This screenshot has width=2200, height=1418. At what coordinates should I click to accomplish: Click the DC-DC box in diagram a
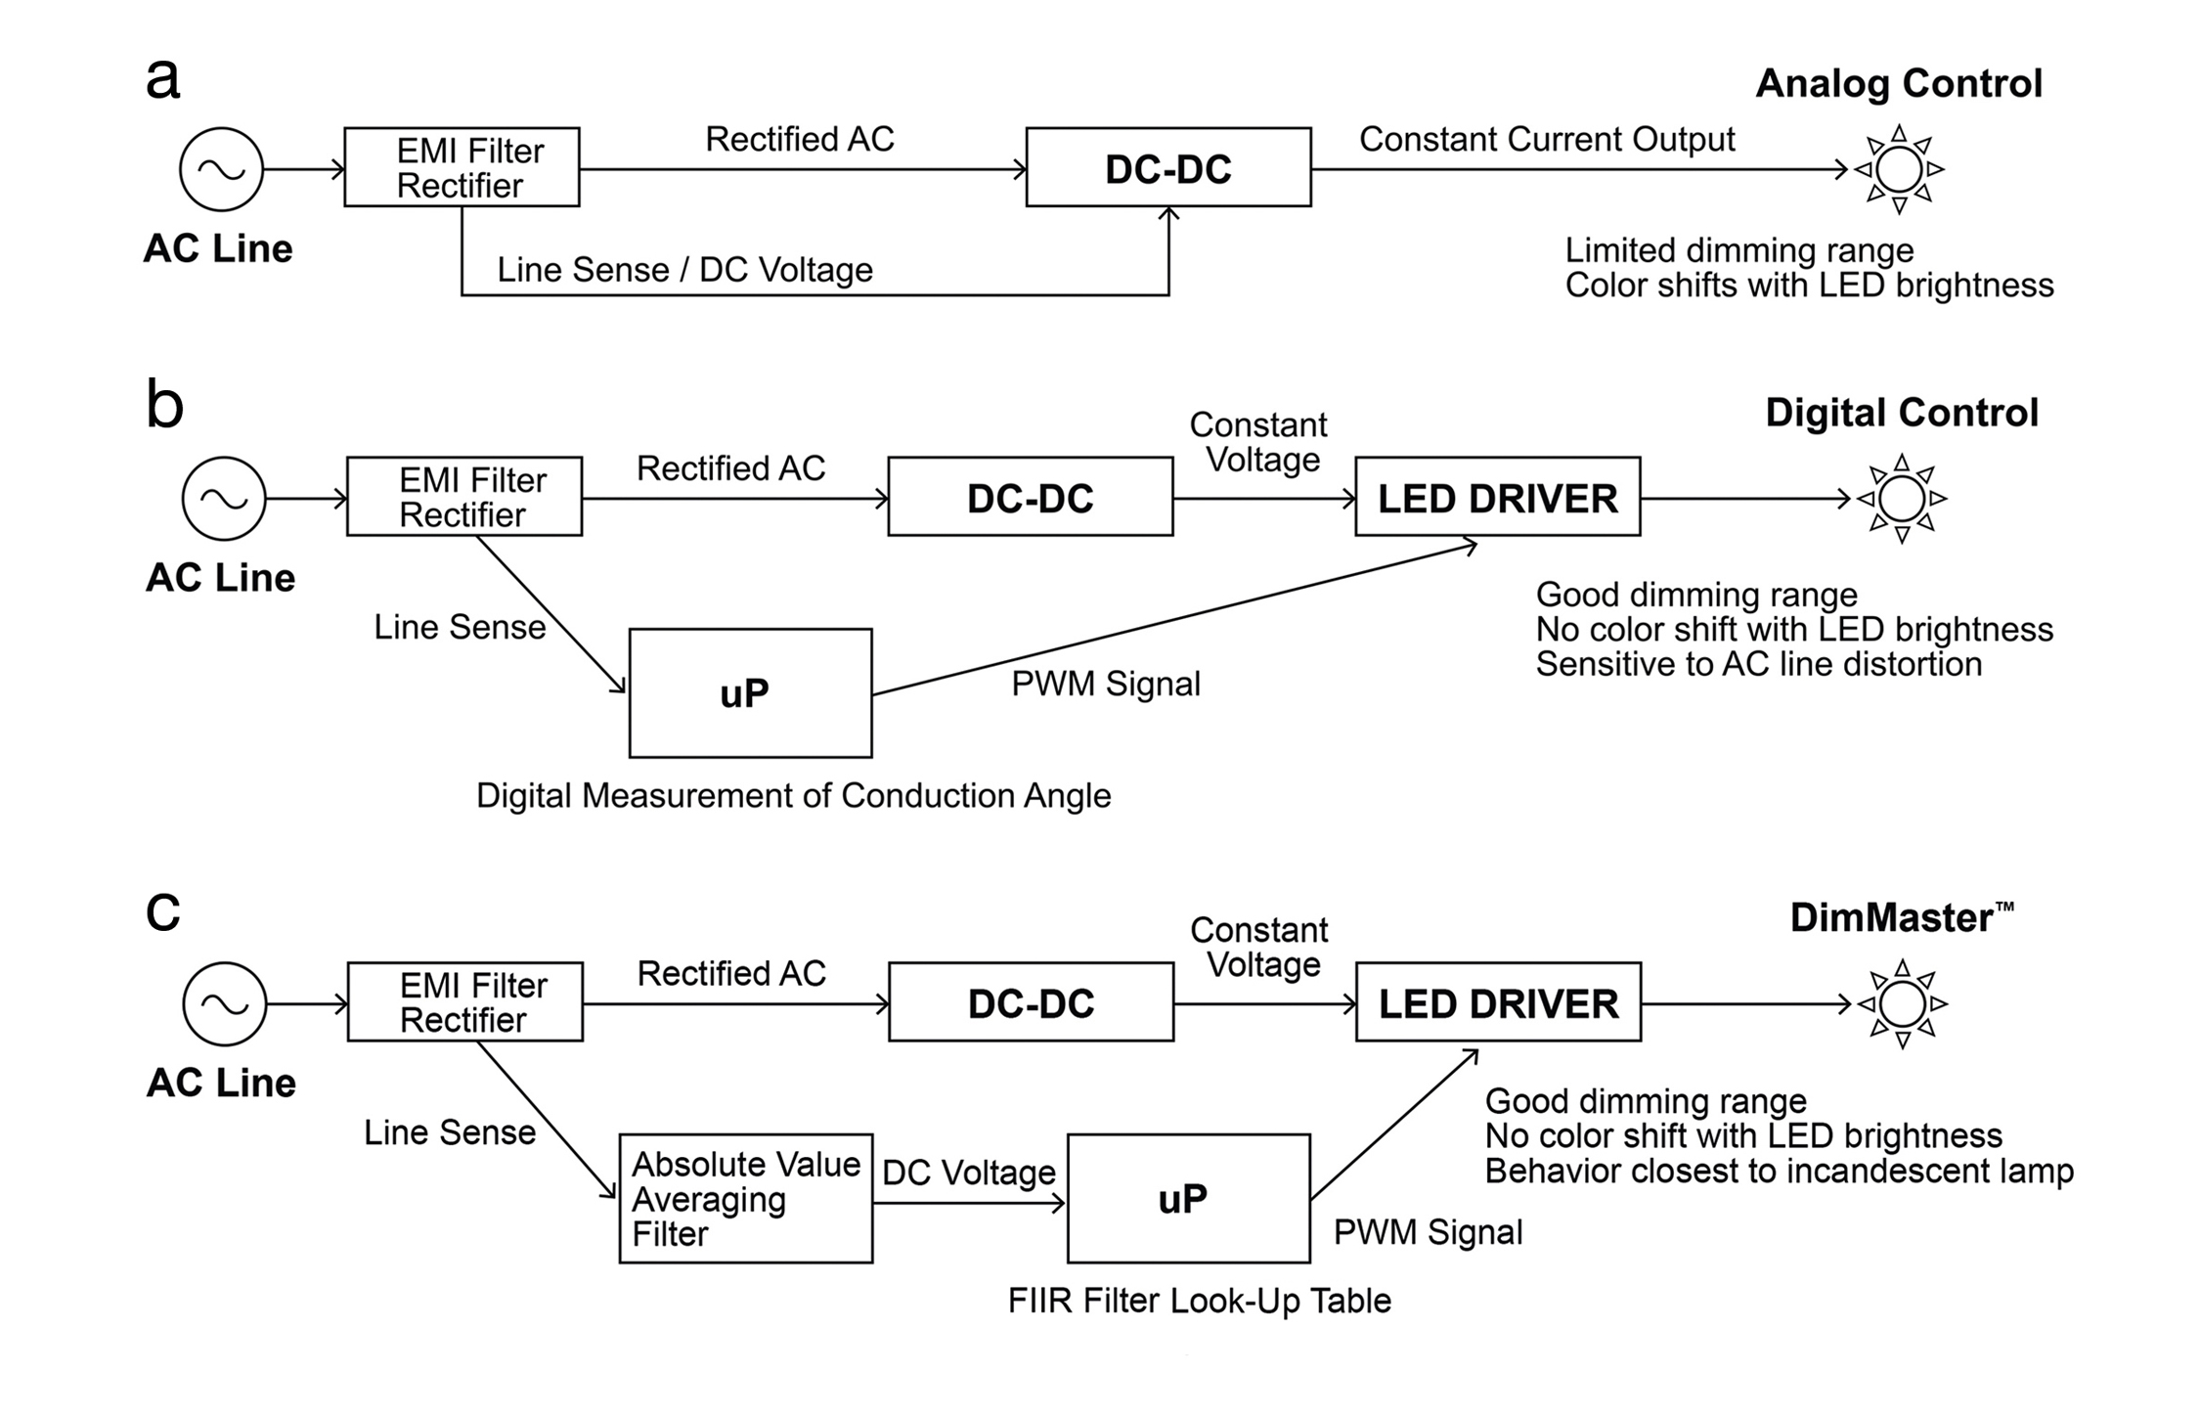[1167, 167]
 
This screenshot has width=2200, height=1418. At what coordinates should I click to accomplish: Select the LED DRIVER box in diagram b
[1497, 497]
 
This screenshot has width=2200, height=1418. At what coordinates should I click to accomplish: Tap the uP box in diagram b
[750, 692]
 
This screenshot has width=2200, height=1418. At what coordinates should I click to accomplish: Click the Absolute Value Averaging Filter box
[745, 1198]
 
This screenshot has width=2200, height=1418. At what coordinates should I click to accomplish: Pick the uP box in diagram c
[1188, 1198]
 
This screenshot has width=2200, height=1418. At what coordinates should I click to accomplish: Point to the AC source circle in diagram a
[222, 169]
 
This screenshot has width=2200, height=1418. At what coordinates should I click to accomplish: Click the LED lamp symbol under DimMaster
[1902, 1003]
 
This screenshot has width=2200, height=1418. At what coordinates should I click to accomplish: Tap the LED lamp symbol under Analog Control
[1899, 169]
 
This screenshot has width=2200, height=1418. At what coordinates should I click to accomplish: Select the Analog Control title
[1899, 84]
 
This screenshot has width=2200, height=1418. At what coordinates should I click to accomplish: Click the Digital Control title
[1901, 413]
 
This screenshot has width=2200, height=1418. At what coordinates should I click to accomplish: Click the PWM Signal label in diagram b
[1105, 684]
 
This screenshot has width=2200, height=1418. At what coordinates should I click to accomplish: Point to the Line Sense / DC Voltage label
[684, 270]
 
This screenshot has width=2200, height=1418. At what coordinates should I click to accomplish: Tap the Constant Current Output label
[1547, 139]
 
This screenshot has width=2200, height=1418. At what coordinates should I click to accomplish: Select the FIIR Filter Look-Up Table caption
[1199, 1301]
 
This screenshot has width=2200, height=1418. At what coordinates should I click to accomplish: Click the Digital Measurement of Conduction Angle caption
[793, 796]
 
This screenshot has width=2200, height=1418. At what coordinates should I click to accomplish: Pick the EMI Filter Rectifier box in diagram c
[465, 1001]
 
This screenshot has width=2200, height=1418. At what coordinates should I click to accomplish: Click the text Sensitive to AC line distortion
[1758, 664]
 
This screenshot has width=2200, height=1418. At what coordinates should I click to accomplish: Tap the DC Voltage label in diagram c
[968, 1173]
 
